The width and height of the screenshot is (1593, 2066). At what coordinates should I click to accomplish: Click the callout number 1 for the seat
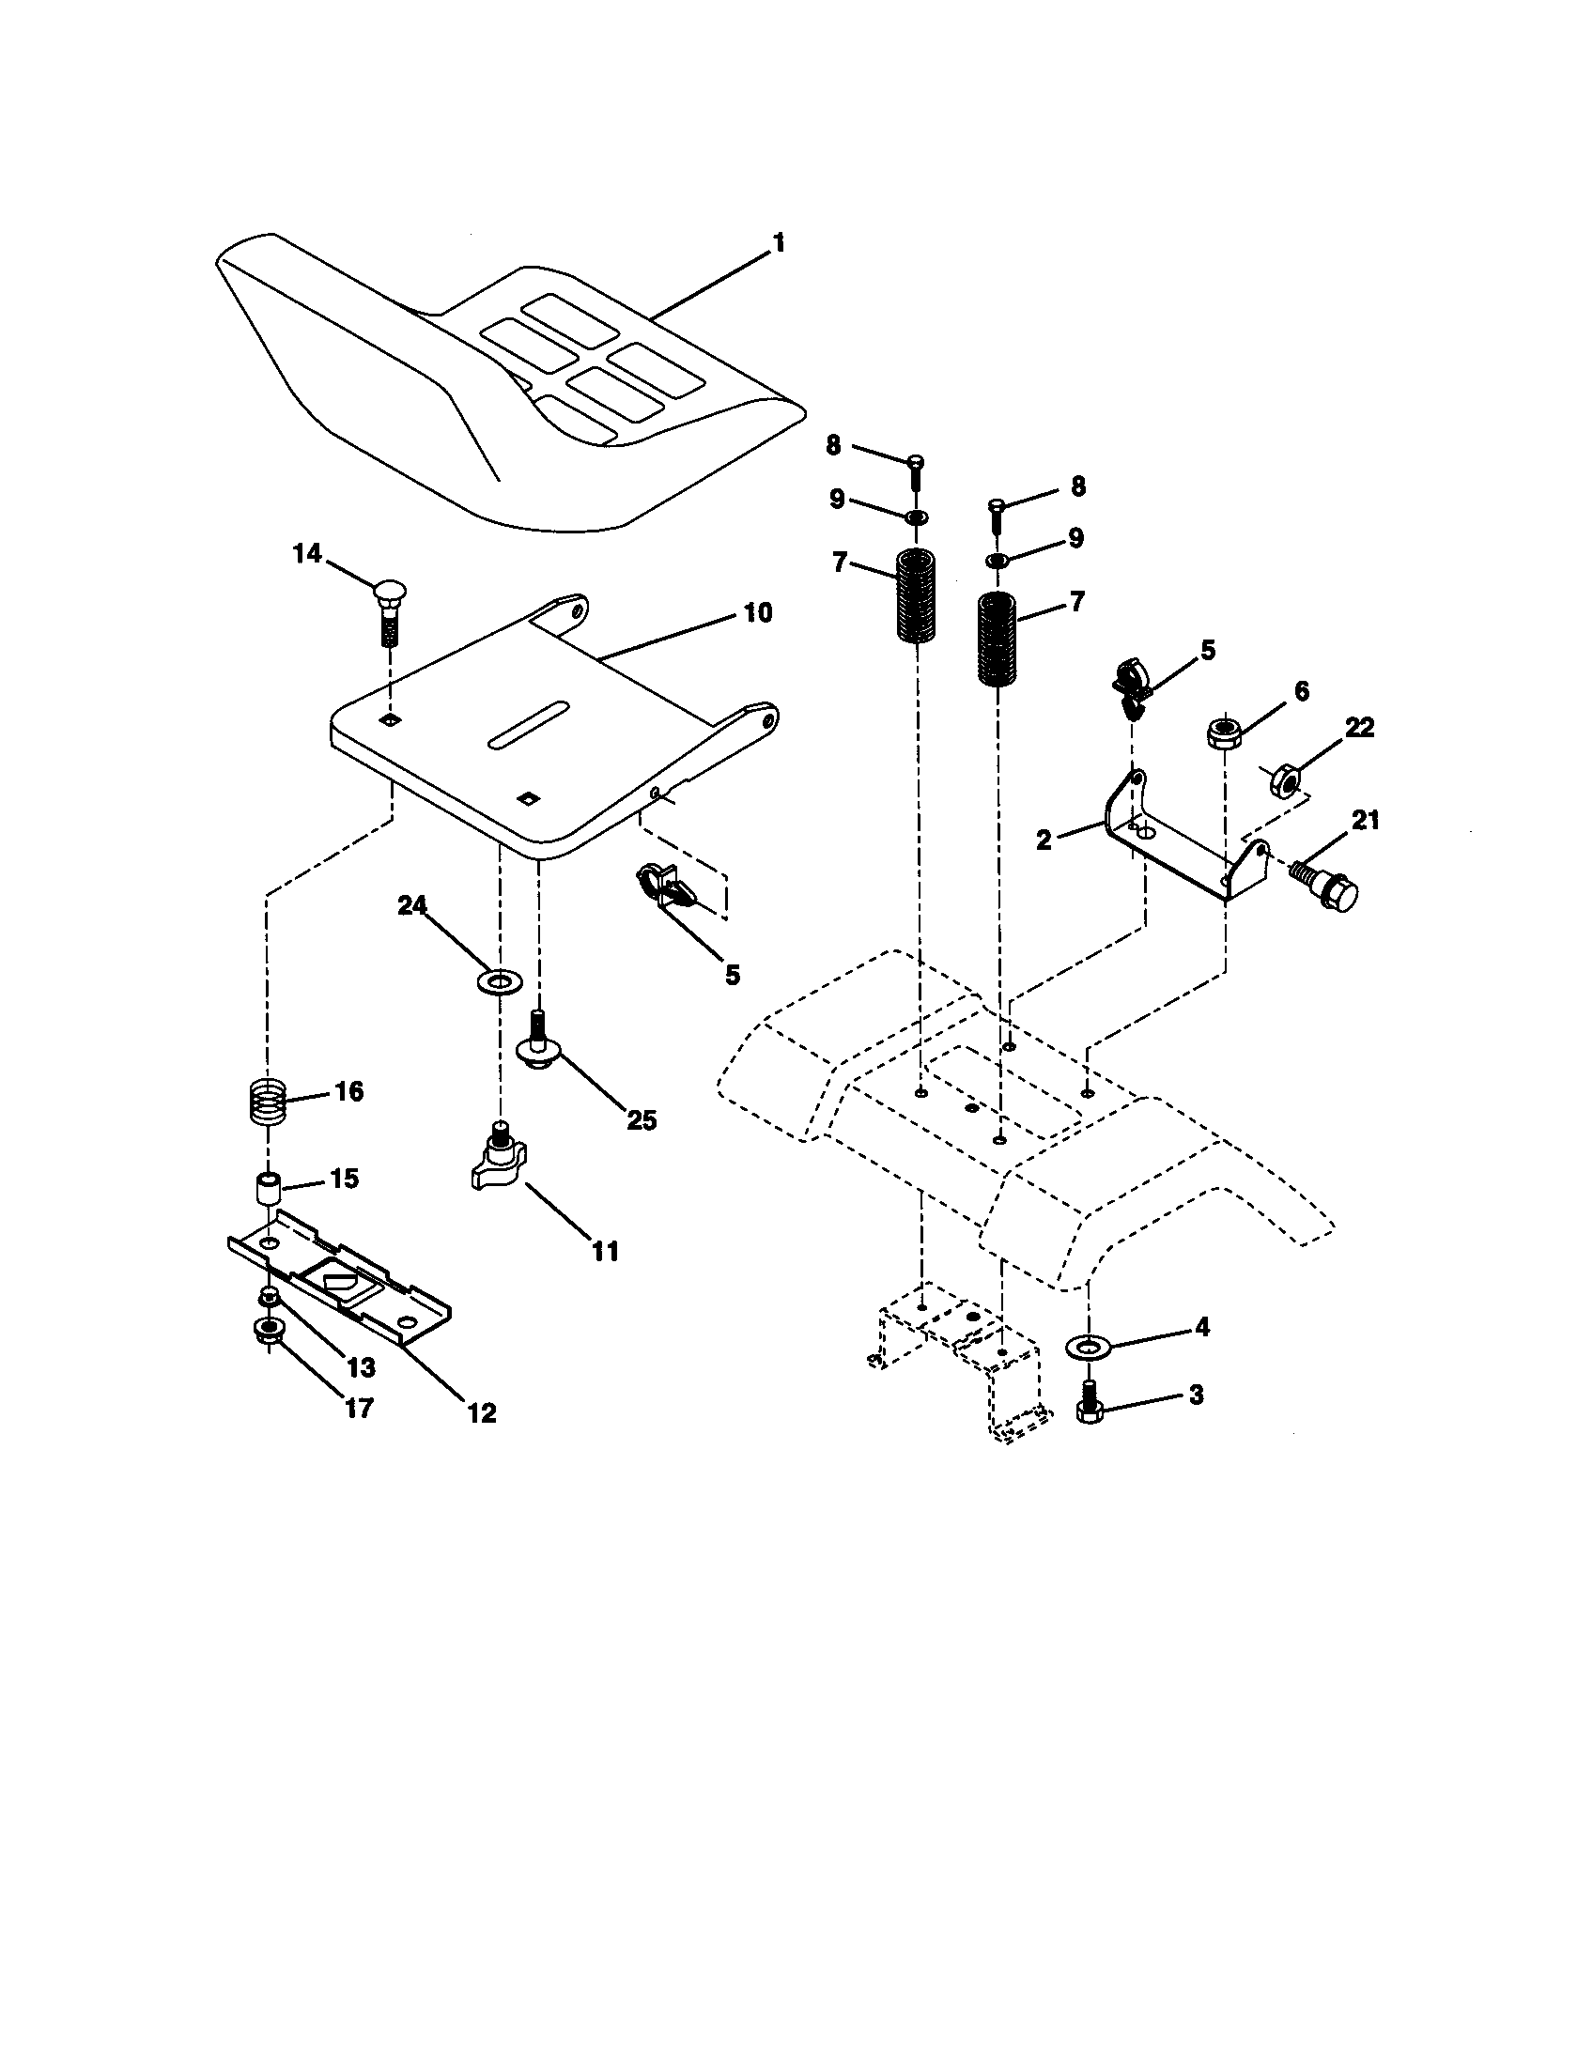coord(778,243)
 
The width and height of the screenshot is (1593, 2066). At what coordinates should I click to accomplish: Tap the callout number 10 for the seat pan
coord(757,613)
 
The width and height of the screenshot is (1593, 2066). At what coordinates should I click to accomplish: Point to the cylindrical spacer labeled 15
coord(267,1188)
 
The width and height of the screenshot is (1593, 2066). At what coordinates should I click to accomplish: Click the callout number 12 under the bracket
coord(481,1413)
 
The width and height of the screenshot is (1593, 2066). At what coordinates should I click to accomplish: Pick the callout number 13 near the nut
coord(361,1367)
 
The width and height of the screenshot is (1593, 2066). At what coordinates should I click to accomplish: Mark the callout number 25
coord(642,1120)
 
